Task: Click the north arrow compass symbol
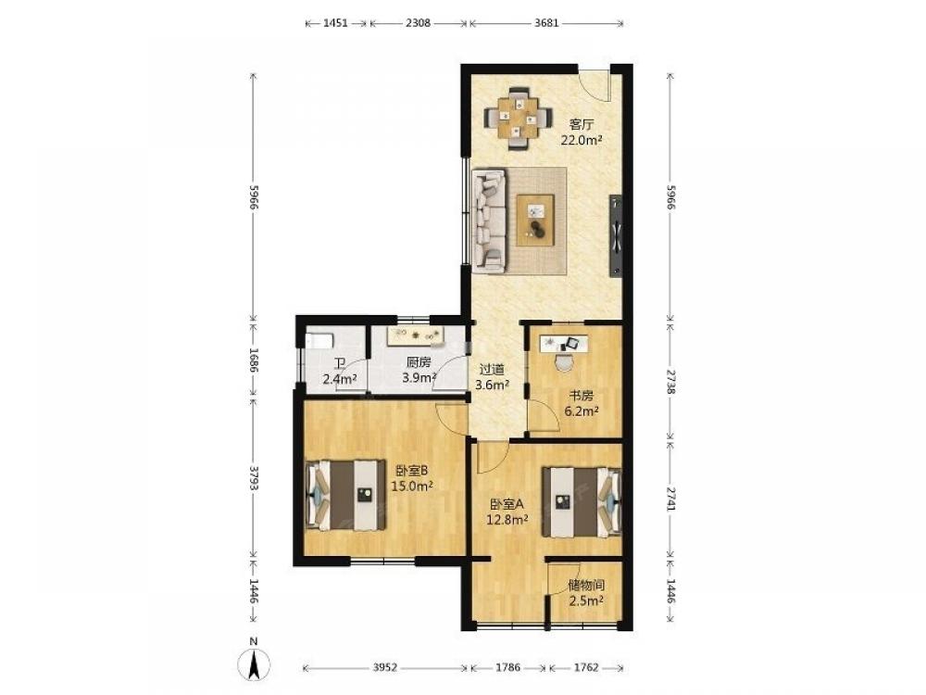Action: (254, 663)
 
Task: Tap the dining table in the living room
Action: (518, 118)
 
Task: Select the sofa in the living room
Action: (489, 221)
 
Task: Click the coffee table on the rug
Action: (535, 220)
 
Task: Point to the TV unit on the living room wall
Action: (616, 235)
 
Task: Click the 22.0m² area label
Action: (582, 140)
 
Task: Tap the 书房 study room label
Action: (582, 397)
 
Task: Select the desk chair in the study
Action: (565, 361)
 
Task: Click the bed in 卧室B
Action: (344, 495)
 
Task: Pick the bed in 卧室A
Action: (582, 502)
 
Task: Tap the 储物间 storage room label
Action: (586, 586)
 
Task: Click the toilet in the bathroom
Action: (319, 340)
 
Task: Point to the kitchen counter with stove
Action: (416, 335)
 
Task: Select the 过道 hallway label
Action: (492, 370)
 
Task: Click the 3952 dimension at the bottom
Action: (385, 668)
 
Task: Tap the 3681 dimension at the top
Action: (546, 23)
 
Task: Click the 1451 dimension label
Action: (336, 23)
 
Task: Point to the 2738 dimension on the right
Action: (670, 382)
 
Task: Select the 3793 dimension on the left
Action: (254, 477)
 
